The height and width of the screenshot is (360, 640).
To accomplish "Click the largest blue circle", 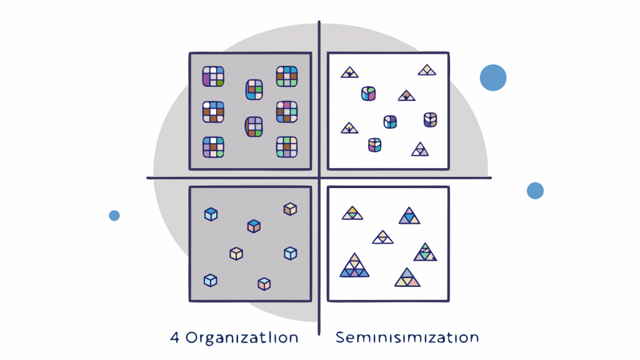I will click(x=493, y=77).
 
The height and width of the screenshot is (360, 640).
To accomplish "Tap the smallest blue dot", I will click(x=114, y=216).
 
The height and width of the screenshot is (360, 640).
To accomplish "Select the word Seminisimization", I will click(x=407, y=338).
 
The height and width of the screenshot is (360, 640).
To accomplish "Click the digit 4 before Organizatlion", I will click(x=174, y=338).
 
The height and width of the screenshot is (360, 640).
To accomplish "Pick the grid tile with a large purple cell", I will click(x=212, y=76).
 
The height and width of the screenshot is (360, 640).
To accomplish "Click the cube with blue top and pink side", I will click(x=253, y=226).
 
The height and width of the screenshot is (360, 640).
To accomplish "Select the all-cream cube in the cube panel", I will click(x=236, y=253).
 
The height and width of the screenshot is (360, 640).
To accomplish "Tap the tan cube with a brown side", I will click(x=289, y=209).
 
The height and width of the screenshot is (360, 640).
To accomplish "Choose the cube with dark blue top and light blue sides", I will click(x=211, y=214).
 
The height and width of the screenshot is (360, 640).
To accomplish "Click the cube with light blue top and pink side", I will click(x=264, y=284).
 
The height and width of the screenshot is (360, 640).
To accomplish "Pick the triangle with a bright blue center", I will click(x=409, y=216).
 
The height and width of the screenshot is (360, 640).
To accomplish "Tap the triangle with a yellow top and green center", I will click(x=352, y=213).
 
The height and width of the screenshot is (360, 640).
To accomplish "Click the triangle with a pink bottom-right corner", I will click(x=407, y=277).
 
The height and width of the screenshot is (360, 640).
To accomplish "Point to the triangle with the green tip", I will click(x=424, y=252).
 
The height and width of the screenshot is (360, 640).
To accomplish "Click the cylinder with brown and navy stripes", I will click(x=430, y=119).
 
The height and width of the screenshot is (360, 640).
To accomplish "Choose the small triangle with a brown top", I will click(x=406, y=95).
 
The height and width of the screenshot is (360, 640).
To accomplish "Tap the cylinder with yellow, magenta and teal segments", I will click(x=375, y=144).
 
